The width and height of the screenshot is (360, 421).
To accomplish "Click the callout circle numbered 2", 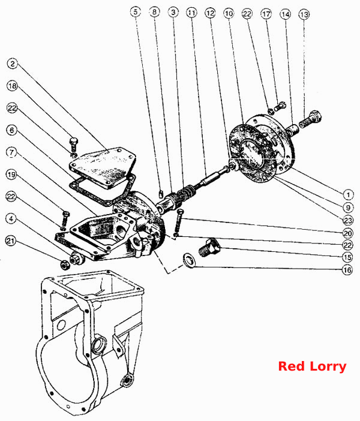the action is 13,64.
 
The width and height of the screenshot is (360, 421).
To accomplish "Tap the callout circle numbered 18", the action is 12,86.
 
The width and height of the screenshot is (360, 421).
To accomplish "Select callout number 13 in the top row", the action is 304,14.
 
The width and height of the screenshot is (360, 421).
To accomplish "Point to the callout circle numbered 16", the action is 347,269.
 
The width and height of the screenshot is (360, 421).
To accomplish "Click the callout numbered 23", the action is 347,221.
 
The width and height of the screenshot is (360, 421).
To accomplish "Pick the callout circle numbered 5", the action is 136,12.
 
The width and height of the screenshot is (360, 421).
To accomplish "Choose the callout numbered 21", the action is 10,240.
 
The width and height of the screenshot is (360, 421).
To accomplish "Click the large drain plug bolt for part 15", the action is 209,247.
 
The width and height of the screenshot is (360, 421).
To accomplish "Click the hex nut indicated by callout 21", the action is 65,265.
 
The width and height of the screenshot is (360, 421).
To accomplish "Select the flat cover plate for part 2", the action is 103,168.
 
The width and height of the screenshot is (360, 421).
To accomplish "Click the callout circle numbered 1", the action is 348,195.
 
